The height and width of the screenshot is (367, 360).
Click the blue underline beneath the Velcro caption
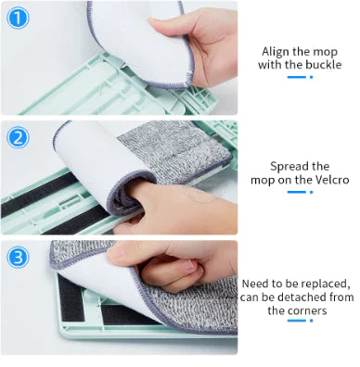[296, 193]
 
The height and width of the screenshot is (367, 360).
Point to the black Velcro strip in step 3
[65, 306]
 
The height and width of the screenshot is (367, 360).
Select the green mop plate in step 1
[93, 93]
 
